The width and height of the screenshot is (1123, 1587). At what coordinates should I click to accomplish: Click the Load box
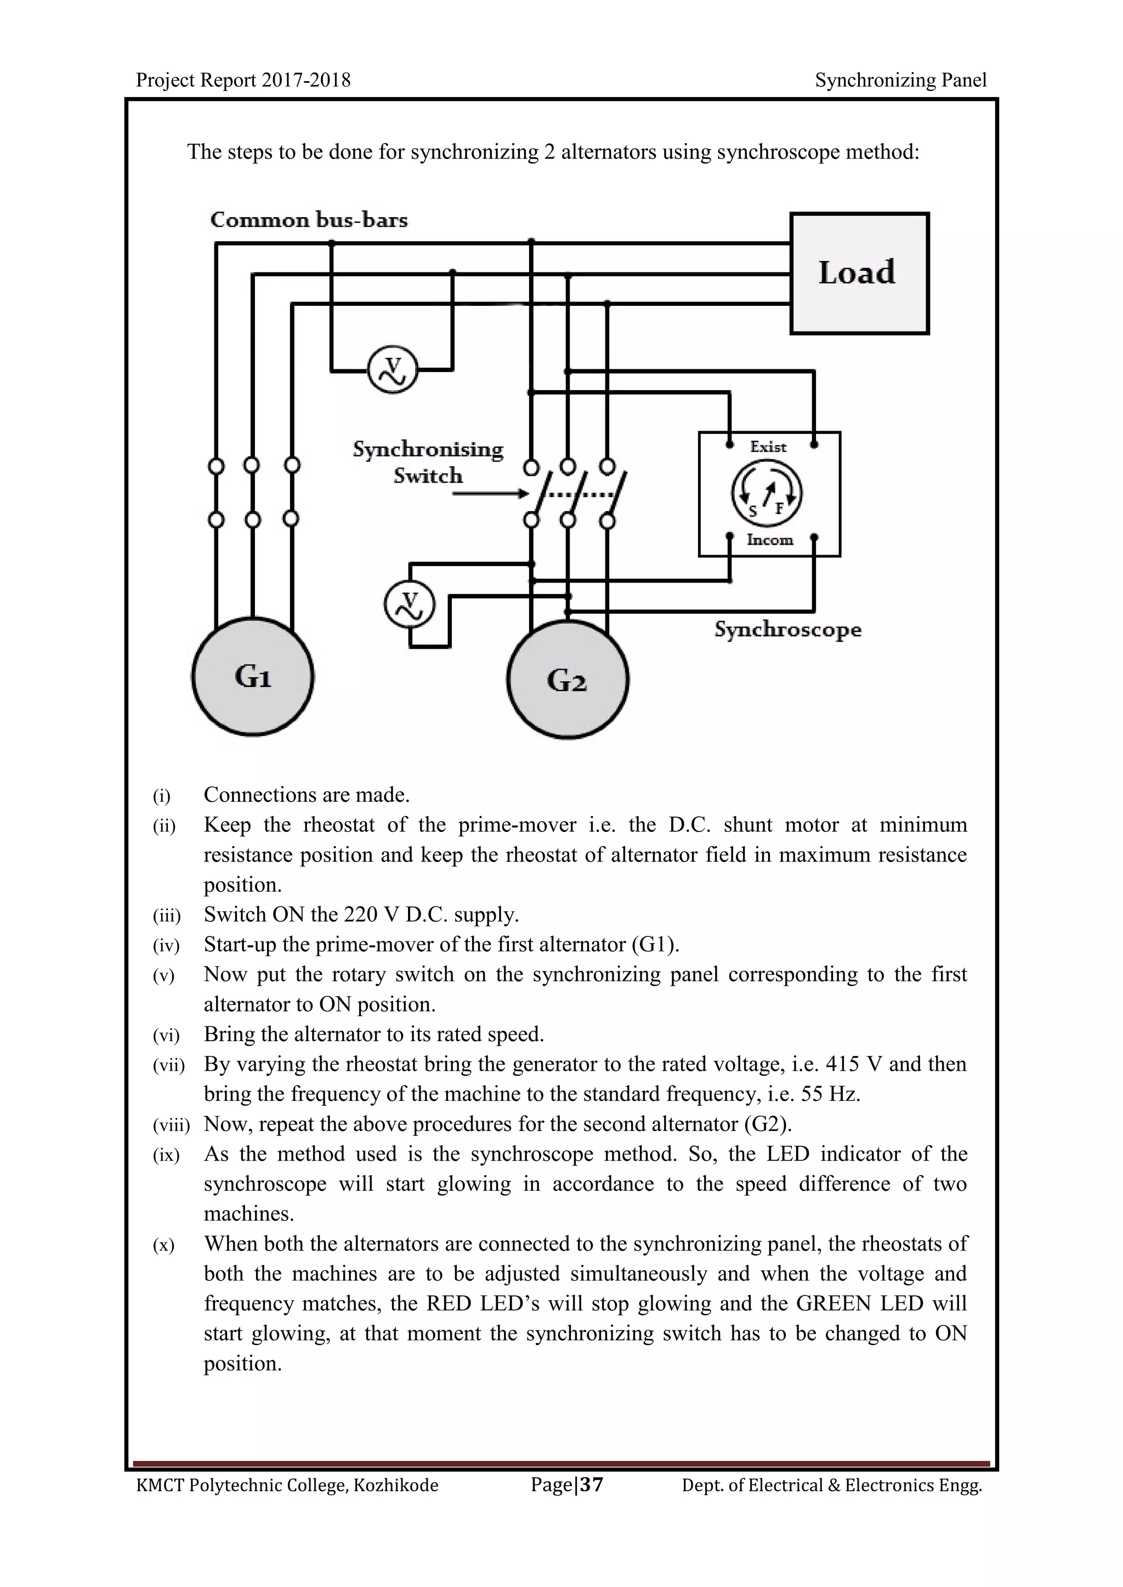tap(859, 273)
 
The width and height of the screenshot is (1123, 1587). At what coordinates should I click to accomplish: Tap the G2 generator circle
tap(567, 680)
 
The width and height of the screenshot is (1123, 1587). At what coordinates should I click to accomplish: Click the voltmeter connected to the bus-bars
tap(392, 371)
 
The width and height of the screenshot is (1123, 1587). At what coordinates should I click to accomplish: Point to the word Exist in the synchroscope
tap(768, 447)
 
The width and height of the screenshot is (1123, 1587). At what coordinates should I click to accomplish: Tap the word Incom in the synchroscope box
tap(770, 540)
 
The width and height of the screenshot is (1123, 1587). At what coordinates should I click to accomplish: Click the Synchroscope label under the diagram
tap(787, 630)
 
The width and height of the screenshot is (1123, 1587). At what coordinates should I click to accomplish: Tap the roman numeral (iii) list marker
tap(166, 916)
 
